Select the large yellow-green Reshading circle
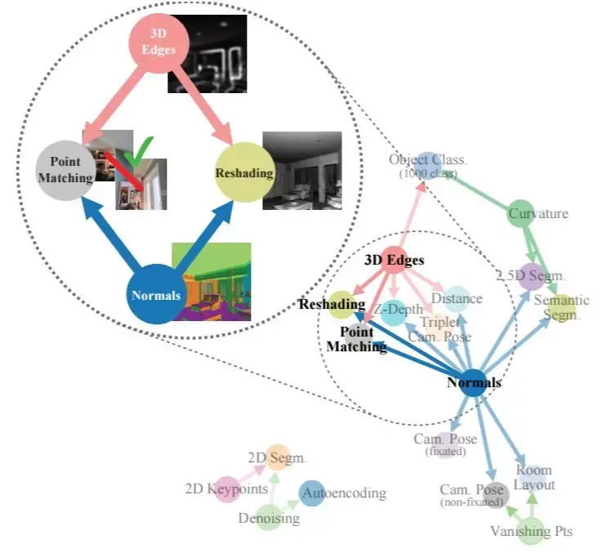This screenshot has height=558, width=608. click(244, 173)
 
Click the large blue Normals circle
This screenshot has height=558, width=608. click(156, 295)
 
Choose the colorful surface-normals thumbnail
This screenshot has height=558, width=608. click(215, 280)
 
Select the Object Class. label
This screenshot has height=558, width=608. click(427, 160)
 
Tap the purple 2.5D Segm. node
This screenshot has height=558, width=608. click(530, 277)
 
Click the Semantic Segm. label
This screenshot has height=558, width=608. click(561, 308)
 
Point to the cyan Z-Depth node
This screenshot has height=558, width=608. click(394, 311)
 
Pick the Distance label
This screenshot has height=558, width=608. click(457, 299)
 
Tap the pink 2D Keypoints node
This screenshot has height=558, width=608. click(226, 490)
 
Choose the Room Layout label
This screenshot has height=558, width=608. click(534, 477)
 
